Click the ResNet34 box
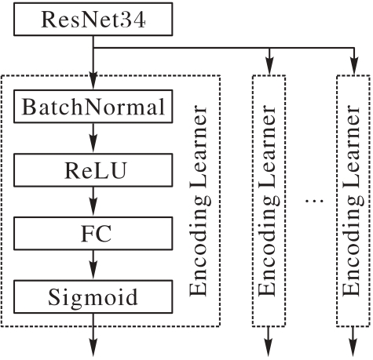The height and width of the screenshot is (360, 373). pos(93,19)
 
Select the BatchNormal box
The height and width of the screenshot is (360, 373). pos(93,107)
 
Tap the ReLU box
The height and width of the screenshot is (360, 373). pos(93,170)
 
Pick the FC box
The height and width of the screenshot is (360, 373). pos(93,234)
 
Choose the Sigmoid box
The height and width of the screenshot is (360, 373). pos(93,296)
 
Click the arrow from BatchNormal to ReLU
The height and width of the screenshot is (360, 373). pos(93,138)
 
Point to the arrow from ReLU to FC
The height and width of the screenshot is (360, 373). pos(93,202)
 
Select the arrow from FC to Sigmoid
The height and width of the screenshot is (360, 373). pos(93,265)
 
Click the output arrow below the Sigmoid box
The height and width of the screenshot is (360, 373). pos(93,335)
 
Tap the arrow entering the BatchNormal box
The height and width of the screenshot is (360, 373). pos(93,63)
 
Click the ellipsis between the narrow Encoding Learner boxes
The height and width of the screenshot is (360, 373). pos(314,201)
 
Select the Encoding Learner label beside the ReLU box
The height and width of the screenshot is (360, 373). pos(199,201)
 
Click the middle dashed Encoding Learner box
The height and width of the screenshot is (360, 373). pos(269,201)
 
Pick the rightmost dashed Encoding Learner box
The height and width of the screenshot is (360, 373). pos(353,201)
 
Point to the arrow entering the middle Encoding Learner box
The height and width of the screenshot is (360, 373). pos(269,62)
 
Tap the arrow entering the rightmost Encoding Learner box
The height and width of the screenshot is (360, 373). pos(354,62)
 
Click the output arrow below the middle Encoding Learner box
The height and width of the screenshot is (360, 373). pos(269,341)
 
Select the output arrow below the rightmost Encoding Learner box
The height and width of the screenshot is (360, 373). pos(353,341)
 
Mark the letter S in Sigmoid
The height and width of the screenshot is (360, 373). pos(54,296)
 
